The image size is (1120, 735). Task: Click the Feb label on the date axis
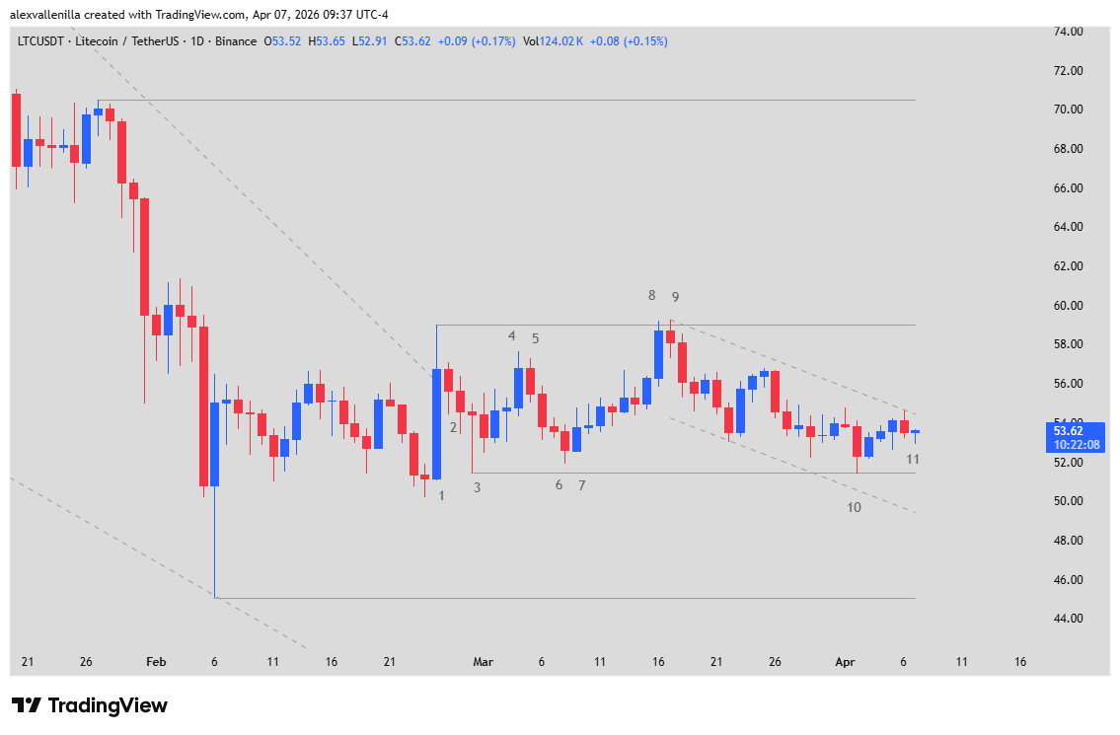(156, 662)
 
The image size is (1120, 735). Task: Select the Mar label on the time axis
(483, 662)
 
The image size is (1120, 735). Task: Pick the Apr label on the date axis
(845, 662)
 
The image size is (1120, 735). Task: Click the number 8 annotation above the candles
(651, 295)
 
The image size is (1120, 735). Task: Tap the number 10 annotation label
(854, 507)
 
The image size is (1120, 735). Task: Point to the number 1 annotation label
(441, 495)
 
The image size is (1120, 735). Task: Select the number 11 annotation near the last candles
(913, 459)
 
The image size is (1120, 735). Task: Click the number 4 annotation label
(512, 335)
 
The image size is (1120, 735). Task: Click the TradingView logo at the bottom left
(90, 705)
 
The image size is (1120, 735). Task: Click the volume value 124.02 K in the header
(565, 41)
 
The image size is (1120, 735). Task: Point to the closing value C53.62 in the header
(412, 41)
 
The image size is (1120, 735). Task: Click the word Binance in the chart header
(237, 41)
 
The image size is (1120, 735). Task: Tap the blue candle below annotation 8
(658, 354)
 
